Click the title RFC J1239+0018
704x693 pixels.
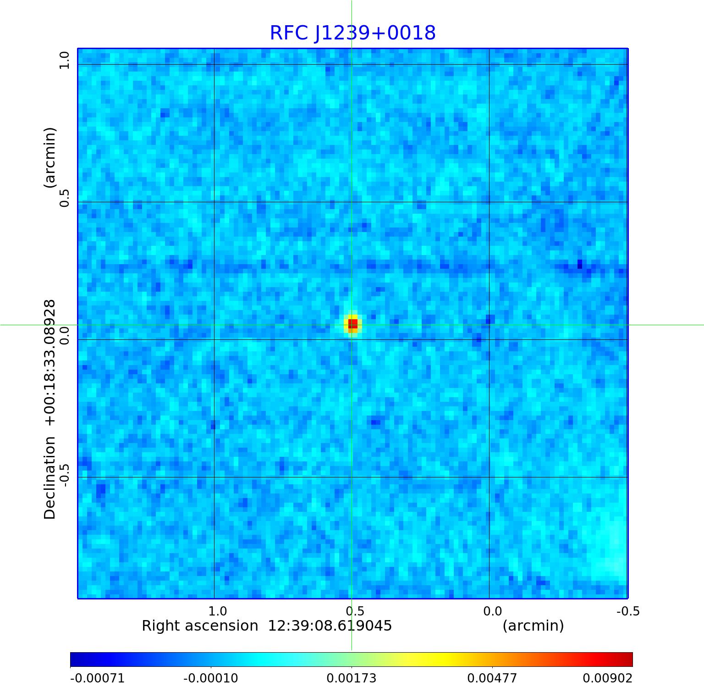[x=352, y=33]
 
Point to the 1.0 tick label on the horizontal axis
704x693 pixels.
[x=217, y=611]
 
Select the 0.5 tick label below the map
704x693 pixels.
[x=355, y=611]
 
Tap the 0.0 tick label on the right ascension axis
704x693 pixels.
[x=492, y=611]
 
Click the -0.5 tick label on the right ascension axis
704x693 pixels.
[x=628, y=611]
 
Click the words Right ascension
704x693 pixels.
[x=200, y=626]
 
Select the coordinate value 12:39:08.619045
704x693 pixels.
[x=330, y=626]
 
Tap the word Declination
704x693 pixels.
[x=49, y=478]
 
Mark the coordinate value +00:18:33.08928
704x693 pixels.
[x=49, y=362]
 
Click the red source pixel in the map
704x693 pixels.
[x=352, y=324]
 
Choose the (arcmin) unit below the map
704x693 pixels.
[x=533, y=626]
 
